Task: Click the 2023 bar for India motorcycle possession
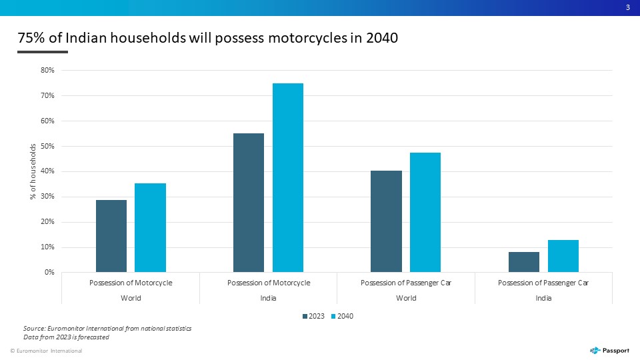249,203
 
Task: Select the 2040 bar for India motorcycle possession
288,177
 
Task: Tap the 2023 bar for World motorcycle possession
111,236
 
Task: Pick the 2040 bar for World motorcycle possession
150,228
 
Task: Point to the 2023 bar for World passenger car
386,221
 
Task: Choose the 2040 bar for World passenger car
425,212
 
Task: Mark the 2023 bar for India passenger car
524,262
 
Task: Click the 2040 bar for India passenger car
563,256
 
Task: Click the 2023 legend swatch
305,316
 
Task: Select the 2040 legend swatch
333,316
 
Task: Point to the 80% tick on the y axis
47,70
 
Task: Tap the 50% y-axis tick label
47,146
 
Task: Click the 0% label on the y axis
49,272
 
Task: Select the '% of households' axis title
33,171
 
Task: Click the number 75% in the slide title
31,37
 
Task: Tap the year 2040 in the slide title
382,37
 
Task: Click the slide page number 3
628,7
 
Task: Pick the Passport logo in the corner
609,351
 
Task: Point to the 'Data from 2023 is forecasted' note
66,337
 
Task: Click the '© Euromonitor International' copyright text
46,351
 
